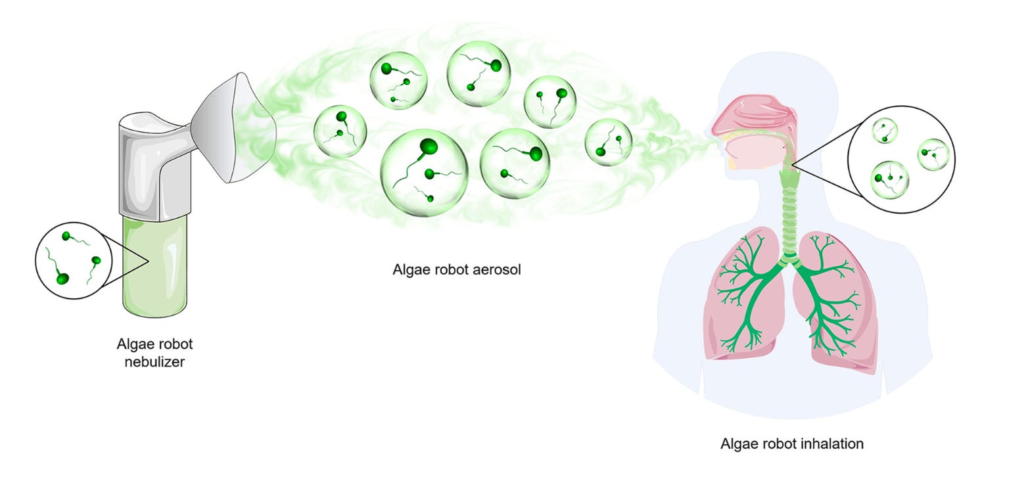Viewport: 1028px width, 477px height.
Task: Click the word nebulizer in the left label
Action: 154,361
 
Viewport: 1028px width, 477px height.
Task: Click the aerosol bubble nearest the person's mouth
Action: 609,142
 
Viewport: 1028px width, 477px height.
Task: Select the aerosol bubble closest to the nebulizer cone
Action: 340,131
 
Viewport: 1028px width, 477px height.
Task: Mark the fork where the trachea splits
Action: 789,260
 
